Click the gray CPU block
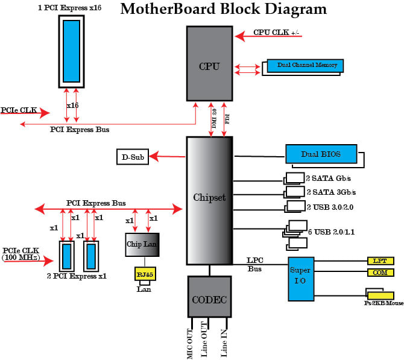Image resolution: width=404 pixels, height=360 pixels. [209, 63]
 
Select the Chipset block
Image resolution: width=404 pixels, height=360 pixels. [209, 199]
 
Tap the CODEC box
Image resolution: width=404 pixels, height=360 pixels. [209, 296]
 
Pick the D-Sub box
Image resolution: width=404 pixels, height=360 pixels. [132, 157]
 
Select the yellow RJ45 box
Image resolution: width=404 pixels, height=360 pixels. [144, 274]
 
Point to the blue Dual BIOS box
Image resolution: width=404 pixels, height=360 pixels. [321, 154]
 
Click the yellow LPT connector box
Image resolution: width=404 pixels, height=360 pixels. [380, 261]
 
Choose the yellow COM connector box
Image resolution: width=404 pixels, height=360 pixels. [380, 273]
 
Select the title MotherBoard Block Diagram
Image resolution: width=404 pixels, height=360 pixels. [224, 10]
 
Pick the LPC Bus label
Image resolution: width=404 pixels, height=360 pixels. [254, 265]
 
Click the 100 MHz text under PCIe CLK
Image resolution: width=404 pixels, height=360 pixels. [21, 257]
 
